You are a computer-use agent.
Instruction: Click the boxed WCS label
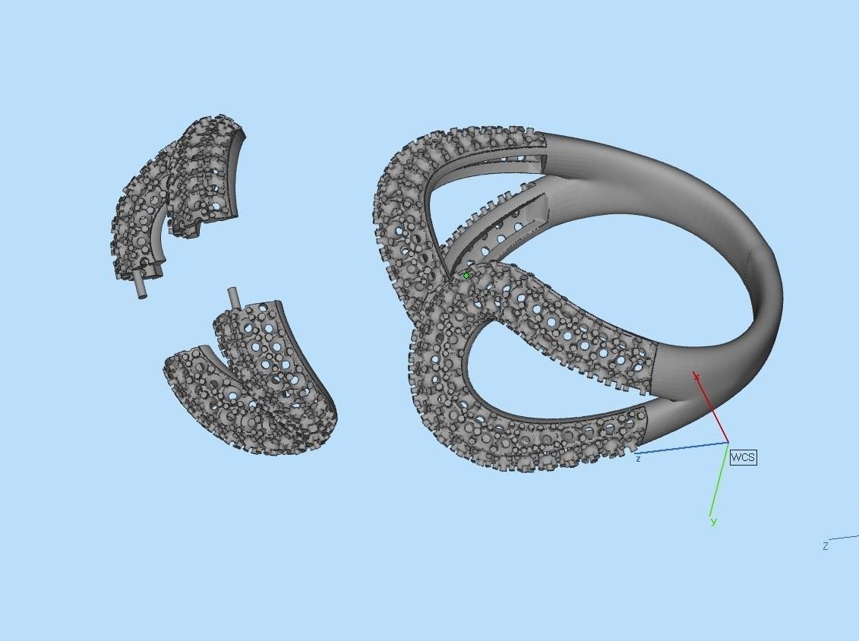[x=743, y=457]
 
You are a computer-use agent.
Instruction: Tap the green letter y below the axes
[x=713, y=522]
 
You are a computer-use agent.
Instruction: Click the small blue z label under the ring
[x=639, y=459]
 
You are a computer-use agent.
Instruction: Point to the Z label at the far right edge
[x=825, y=546]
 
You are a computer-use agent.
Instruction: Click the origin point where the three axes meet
[x=728, y=442]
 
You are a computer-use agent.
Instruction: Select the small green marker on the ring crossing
[x=466, y=276]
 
